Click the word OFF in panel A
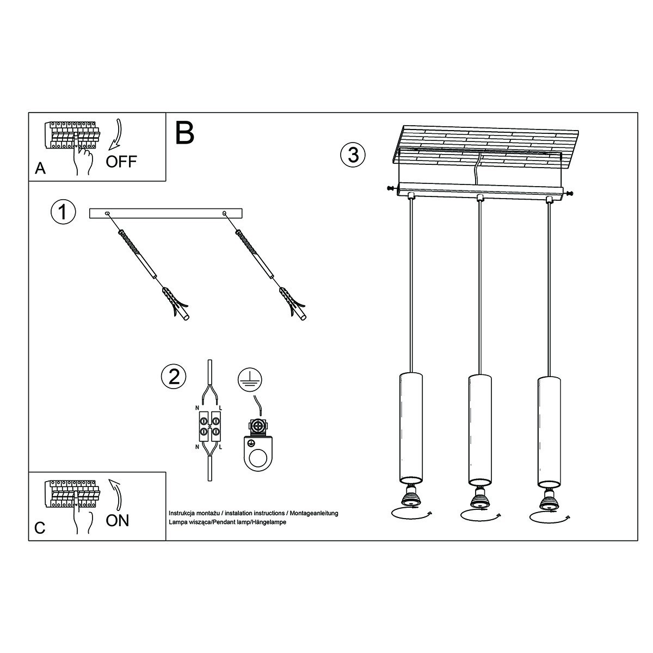coord(121,162)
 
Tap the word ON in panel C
coord(118,520)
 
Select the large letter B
coord(185,133)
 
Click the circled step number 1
coord(63,212)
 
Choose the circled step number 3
coord(353,155)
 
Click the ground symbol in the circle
coord(250,379)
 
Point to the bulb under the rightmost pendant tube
coord(549,497)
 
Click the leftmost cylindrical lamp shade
coord(411,427)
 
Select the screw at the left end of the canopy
coord(390,188)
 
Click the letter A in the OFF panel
coord(40,169)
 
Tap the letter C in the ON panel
coord(39,528)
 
